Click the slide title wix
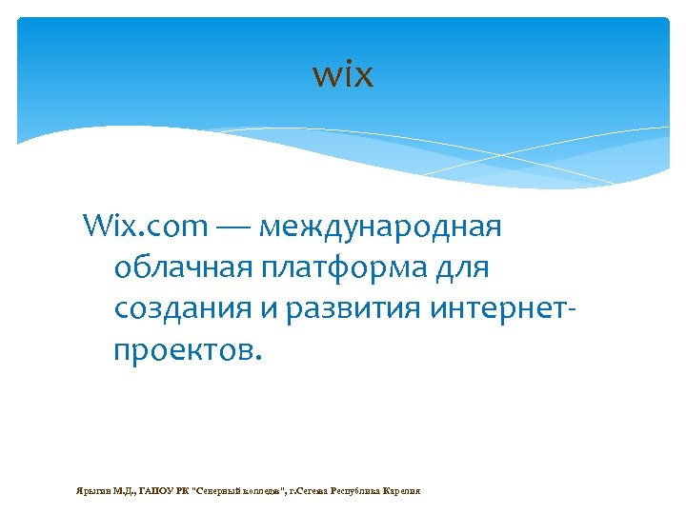tap(343, 74)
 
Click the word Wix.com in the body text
tap(145, 227)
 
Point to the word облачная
tap(182, 269)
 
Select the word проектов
tap(185, 351)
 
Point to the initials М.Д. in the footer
tap(125, 491)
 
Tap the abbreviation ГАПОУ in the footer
tap(157, 491)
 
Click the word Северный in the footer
tap(220, 491)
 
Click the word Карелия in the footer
tap(401, 491)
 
